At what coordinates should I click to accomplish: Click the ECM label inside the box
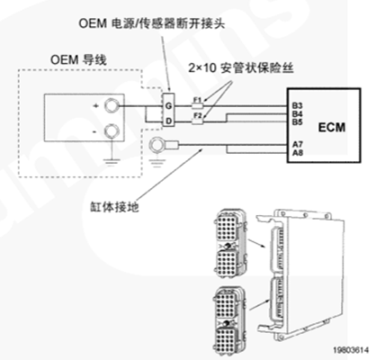[x=332, y=127]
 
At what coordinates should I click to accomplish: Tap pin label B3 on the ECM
[x=297, y=106]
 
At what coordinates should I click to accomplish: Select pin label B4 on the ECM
[x=297, y=114]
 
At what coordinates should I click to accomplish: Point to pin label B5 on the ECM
[x=297, y=121]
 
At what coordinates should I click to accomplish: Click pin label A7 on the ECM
[x=297, y=145]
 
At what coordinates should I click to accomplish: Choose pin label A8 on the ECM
[x=298, y=153]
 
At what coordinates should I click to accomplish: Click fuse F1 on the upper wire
[x=197, y=105]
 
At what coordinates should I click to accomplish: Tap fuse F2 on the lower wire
[x=197, y=121]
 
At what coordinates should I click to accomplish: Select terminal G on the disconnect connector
[x=168, y=106]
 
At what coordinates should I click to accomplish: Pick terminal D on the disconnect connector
[x=169, y=121]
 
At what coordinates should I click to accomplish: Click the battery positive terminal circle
[x=112, y=105]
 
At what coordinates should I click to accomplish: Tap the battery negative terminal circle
[x=112, y=132]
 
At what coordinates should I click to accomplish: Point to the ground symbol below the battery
[x=112, y=163]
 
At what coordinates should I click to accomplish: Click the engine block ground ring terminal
[x=157, y=145]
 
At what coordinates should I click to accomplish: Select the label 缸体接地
[x=115, y=207]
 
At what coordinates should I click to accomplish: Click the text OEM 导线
[x=78, y=59]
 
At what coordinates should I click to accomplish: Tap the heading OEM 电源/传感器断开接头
[x=151, y=23]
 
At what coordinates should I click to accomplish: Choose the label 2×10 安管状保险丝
[x=240, y=68]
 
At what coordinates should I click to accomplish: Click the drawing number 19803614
[x=351, y=350]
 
